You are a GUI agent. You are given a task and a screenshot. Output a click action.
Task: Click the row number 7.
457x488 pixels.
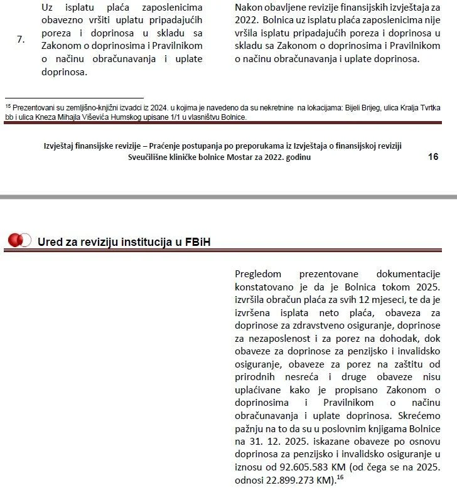tap(21, 39)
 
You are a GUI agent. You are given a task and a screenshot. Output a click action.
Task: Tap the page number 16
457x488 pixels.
tap(433, 156)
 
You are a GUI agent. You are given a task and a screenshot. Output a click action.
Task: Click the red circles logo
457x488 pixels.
tap(19, 240)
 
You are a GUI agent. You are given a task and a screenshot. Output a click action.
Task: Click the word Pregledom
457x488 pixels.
tap(258, 274)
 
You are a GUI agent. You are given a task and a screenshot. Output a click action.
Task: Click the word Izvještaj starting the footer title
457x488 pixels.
tap(63, 146)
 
